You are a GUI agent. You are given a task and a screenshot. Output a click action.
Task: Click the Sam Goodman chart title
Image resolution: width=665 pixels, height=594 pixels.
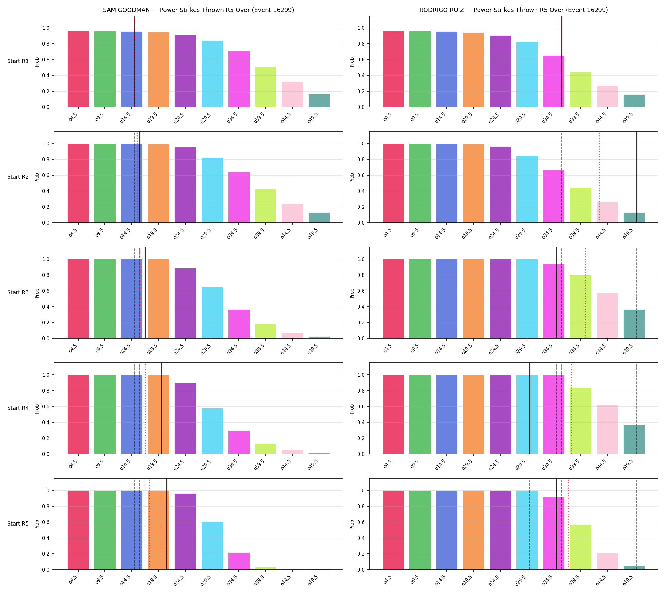tap(198, 10)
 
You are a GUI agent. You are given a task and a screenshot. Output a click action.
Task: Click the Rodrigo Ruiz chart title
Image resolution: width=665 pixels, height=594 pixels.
tap(513, 10)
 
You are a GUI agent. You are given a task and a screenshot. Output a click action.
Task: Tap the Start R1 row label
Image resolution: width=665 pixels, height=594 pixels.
tap(18, 61)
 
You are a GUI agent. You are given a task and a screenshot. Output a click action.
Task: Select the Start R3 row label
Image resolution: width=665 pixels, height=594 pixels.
tap(18, 292)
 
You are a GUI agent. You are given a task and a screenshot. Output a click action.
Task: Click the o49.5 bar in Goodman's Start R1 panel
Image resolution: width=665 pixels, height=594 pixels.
tap(319, 100)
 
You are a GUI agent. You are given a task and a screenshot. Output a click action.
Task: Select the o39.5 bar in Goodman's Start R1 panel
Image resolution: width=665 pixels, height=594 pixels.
tap(266, 87)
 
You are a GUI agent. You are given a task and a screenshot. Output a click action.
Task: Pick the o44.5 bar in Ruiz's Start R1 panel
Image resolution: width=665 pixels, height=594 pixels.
tap(607, 96)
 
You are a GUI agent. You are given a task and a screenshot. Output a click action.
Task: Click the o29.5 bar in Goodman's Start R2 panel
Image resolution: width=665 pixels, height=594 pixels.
tap(212, 190)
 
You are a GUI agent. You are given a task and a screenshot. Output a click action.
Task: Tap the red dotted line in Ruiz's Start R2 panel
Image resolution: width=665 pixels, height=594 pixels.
tap(599, 177)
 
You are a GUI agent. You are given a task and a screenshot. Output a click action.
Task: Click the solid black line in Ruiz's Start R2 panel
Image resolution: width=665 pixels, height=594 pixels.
tap(637, 177)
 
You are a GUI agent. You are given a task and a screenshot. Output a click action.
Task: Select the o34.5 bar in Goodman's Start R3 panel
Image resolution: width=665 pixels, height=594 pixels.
tap(239, 324)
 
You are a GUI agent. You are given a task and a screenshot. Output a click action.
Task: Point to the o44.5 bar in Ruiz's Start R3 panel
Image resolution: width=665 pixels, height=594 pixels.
tap(607, 316)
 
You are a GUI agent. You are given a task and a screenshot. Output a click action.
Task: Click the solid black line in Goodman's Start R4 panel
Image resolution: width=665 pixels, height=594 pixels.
tap(161, 408)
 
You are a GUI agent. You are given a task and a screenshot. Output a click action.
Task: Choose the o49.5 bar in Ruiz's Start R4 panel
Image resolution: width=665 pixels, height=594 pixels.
tap(634, 439)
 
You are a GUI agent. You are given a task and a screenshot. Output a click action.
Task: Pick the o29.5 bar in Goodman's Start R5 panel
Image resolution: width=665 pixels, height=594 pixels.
tap(212, 546)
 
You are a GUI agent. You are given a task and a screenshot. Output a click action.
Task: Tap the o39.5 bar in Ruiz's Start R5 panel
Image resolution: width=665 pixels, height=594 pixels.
tap(580, 547)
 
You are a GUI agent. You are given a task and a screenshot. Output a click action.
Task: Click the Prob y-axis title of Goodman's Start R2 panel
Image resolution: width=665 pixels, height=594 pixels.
tap(37, 177)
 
